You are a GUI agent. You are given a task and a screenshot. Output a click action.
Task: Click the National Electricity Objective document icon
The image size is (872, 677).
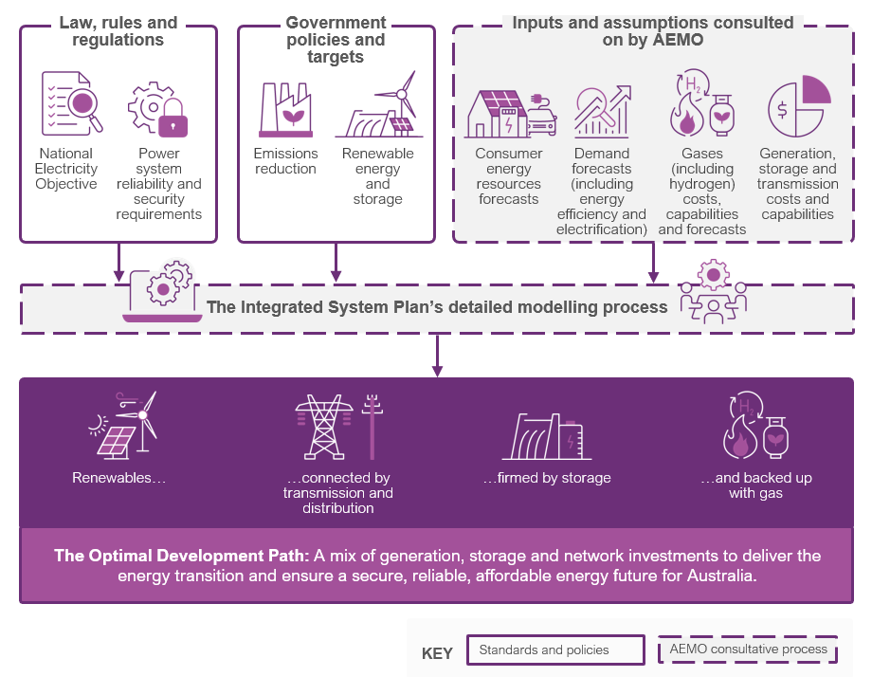point(70,102)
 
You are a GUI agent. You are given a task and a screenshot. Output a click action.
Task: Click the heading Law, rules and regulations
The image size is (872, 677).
point(118,31)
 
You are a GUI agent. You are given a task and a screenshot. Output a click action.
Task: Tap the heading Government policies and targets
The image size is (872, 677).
point(336,39)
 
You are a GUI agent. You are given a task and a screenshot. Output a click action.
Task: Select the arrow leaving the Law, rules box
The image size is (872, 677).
point(118,262)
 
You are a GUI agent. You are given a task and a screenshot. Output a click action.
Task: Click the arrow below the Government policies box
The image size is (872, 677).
point(336,262)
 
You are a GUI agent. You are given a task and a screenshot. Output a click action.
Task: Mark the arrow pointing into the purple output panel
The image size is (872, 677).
point(437,356)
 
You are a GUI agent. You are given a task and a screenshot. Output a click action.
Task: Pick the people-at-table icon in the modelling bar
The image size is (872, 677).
point(713,293)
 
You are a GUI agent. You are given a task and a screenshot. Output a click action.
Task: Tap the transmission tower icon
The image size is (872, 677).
point(324,427)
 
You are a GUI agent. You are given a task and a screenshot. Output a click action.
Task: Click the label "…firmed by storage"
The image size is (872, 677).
point(547,478)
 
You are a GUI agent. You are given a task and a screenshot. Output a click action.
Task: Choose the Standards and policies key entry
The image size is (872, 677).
point(543,650)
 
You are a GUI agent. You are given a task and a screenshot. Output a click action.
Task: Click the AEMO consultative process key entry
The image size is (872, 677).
point(747,650)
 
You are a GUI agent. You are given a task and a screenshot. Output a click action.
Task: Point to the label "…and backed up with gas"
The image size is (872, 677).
point(756,485)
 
